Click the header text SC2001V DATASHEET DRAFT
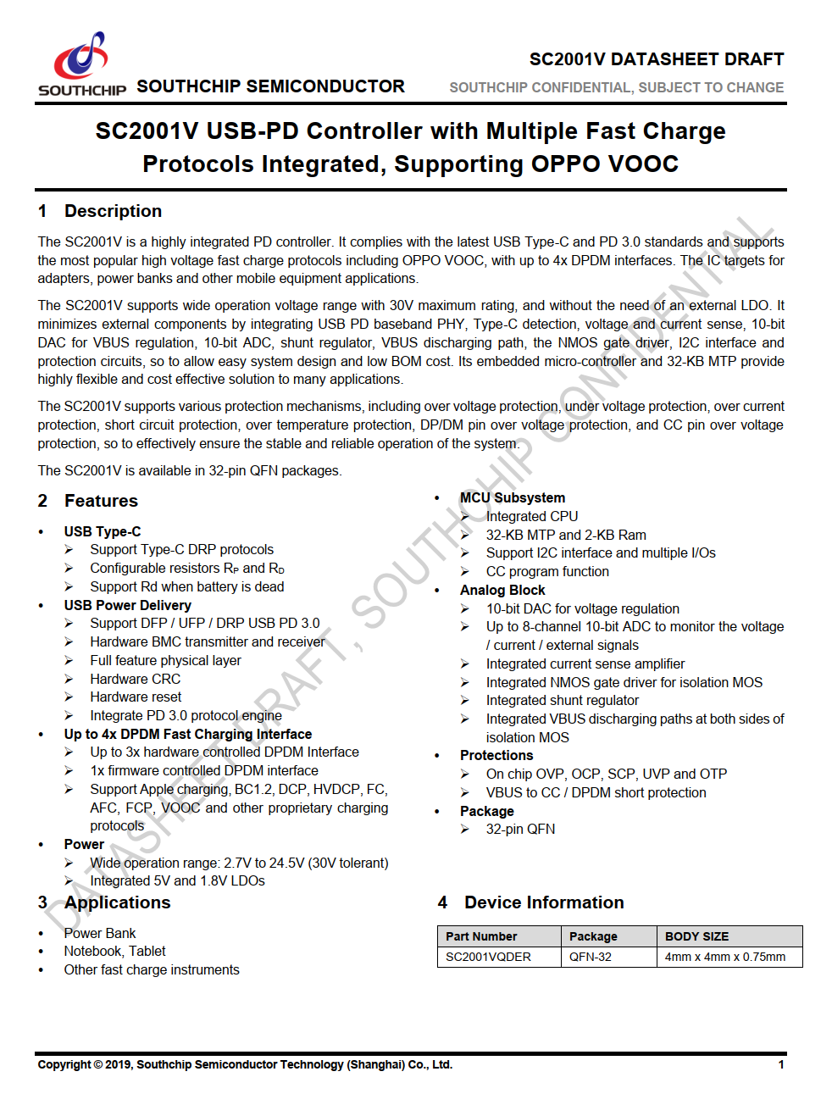[x=656, y=59]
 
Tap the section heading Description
[x=113, y=211]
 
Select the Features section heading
[x=101, y=501]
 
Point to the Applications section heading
[x=117, y=902]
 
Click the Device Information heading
[x=544, y=902]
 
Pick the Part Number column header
[x=481, y=936]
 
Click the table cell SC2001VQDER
[x=488, y=957]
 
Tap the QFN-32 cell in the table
[x=590, y=957]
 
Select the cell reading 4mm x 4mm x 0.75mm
[x=724, y=957]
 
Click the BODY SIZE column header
[x=696, y=936]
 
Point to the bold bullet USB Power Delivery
[x=127, y=605]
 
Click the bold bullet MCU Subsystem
[x=512, y=498]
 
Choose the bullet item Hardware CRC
[x=135, y=679]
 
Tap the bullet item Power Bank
[x=99, y=933]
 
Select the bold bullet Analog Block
[x=502, y=590]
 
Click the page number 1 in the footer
[x=781, y=1065]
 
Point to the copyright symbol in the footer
[x=97, y=1065]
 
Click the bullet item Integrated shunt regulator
[x=562, y=700]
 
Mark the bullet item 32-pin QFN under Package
[x=520, y=829]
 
